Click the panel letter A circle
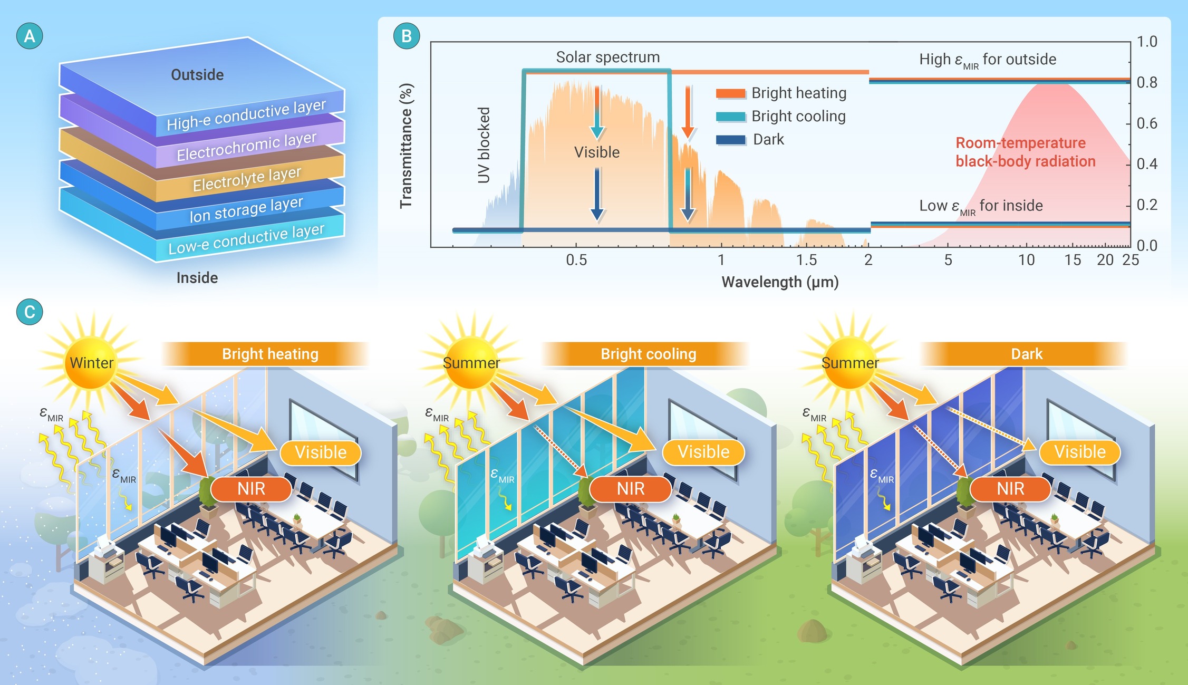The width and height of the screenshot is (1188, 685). (30, 36)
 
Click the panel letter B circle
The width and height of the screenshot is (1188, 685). (407, 36)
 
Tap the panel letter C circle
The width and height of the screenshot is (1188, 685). (30, 312)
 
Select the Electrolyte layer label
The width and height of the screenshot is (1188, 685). (247, 179)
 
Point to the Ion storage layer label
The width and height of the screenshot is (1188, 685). (246, 209)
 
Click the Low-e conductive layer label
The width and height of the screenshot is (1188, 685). (246, 239)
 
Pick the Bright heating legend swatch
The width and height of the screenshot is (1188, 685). (730, 93)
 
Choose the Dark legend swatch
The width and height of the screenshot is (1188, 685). (730, 140)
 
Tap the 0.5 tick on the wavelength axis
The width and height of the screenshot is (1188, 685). (576, 260)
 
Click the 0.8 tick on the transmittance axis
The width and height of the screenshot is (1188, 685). (1146, 82)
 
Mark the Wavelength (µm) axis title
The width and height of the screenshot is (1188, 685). (780, 282)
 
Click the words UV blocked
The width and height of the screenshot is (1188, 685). (484, 145)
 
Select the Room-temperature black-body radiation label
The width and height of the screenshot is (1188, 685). (1025, 152)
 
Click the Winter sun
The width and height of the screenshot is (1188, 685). (91, 362)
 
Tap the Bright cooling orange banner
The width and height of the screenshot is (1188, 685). (648, 354)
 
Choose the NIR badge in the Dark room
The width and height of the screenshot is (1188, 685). (1010, 489)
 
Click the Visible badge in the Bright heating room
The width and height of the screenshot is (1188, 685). (321, 452)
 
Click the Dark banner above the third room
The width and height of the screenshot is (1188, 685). (1026, 354)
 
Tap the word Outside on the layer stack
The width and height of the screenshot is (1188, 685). (197, 75)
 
